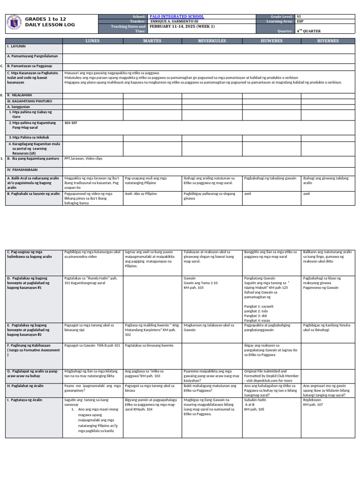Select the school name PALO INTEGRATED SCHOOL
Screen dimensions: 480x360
(174, 16)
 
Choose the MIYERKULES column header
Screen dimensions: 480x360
(212, 41)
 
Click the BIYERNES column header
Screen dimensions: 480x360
(328, 41)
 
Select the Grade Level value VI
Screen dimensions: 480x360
(299, 16)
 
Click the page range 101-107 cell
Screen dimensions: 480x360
(71, 122)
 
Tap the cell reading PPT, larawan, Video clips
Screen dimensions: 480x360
(83, 159)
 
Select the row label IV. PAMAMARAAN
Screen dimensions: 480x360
(22, 169)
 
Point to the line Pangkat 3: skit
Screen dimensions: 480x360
(254, 315)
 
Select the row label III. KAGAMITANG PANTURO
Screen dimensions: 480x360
(29, 101)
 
